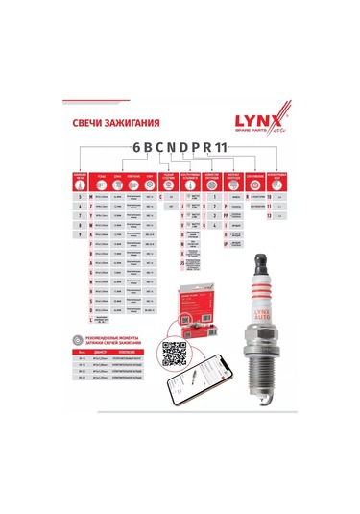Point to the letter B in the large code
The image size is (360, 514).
point(139,152)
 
